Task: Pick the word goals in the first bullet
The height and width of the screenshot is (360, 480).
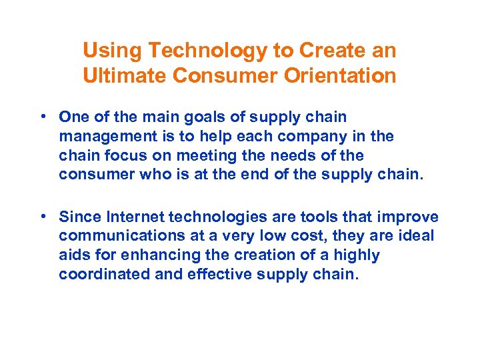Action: (x=181, y=117)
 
